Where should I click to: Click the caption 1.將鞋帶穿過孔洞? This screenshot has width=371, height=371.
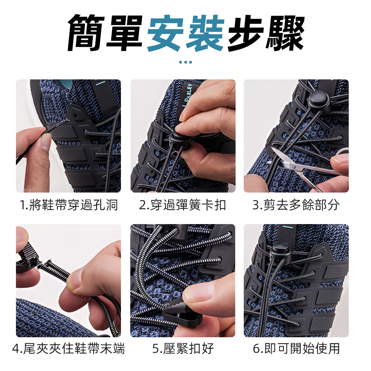69,204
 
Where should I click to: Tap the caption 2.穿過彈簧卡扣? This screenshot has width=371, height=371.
183,204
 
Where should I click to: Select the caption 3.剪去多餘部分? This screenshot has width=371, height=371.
296,204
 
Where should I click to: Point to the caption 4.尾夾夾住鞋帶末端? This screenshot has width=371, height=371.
69,348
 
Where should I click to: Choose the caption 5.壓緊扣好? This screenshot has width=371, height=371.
183,348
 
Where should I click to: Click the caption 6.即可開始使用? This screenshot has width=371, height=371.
296,348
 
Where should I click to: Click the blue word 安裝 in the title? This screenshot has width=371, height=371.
185,33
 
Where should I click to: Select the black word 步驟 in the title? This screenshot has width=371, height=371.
266,33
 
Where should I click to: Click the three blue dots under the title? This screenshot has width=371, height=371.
185,62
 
